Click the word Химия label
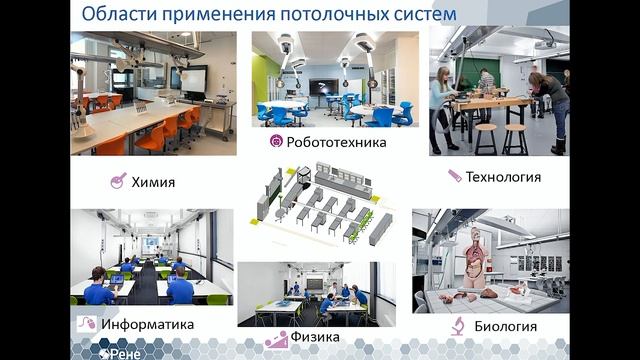[x=153, y=182]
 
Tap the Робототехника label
[x=322, y=142]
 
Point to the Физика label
[x=316, y=338]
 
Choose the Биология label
[x=505, y=326]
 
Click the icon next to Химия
[x=119, y=181]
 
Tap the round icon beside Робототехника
[x=276, y=142]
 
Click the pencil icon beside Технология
[x=455, y=176]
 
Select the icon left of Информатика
[x=87, y=324]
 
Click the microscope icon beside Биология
[x=456, y=325]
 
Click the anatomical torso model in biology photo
[x=473, y=255]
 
